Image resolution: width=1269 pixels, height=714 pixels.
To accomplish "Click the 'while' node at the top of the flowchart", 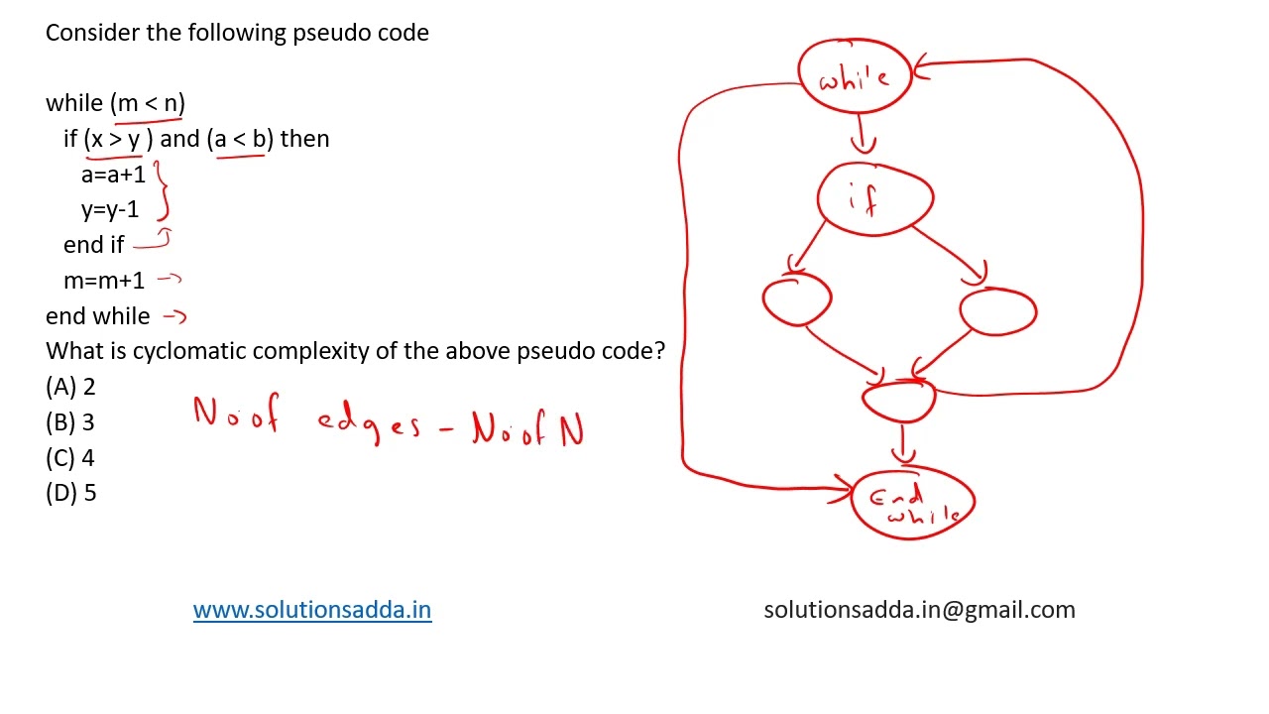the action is point(855,76).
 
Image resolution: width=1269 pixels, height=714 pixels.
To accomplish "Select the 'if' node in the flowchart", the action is point(875,199).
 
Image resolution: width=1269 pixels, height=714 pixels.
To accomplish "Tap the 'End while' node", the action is point(913,503).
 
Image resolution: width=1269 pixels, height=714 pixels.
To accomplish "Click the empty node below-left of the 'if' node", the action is point(796,299).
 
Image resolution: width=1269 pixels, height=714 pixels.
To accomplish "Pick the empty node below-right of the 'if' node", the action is point(998,311).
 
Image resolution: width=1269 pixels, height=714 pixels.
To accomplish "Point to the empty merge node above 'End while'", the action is point(898,402).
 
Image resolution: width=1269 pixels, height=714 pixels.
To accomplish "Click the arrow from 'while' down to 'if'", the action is point(862,134).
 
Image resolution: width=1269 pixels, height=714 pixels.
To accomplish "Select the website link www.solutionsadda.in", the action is point(312,610).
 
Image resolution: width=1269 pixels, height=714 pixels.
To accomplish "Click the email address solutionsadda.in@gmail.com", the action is point(919,610).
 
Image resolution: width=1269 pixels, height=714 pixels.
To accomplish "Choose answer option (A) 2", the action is point(70,387).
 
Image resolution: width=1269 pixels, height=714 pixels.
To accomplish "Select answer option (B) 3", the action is point(70,422).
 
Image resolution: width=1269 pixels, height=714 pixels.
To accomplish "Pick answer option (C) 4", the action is point(70,458).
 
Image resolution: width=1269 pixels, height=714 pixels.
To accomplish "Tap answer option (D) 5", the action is point(70,493).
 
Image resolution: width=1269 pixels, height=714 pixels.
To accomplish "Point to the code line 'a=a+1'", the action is point(113,175).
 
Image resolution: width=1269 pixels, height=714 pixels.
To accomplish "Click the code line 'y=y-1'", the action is point(110,210).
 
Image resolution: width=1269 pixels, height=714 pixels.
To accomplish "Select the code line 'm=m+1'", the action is point(104,281).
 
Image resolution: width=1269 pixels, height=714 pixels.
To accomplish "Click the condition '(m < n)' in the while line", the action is point(148,104).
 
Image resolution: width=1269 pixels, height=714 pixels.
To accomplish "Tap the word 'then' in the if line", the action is point(304,139).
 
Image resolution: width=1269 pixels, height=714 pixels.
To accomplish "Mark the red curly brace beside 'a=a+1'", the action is point(162,190).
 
